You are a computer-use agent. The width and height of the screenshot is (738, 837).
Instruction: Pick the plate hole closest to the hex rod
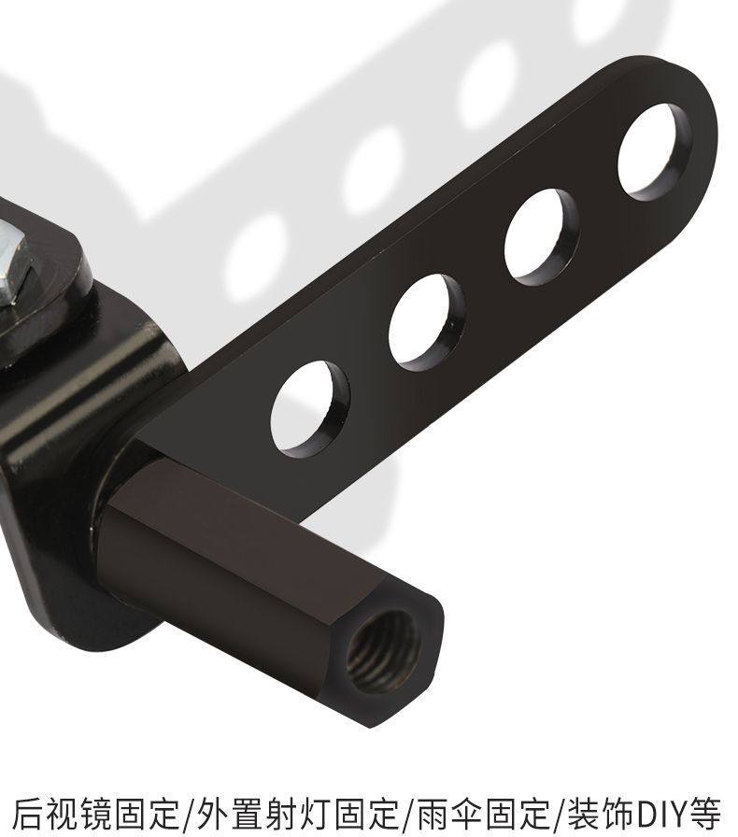pos(310,409)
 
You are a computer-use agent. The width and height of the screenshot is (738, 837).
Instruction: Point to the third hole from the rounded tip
pos(427,322)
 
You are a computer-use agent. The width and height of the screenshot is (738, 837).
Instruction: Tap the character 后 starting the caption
pos(27,814)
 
